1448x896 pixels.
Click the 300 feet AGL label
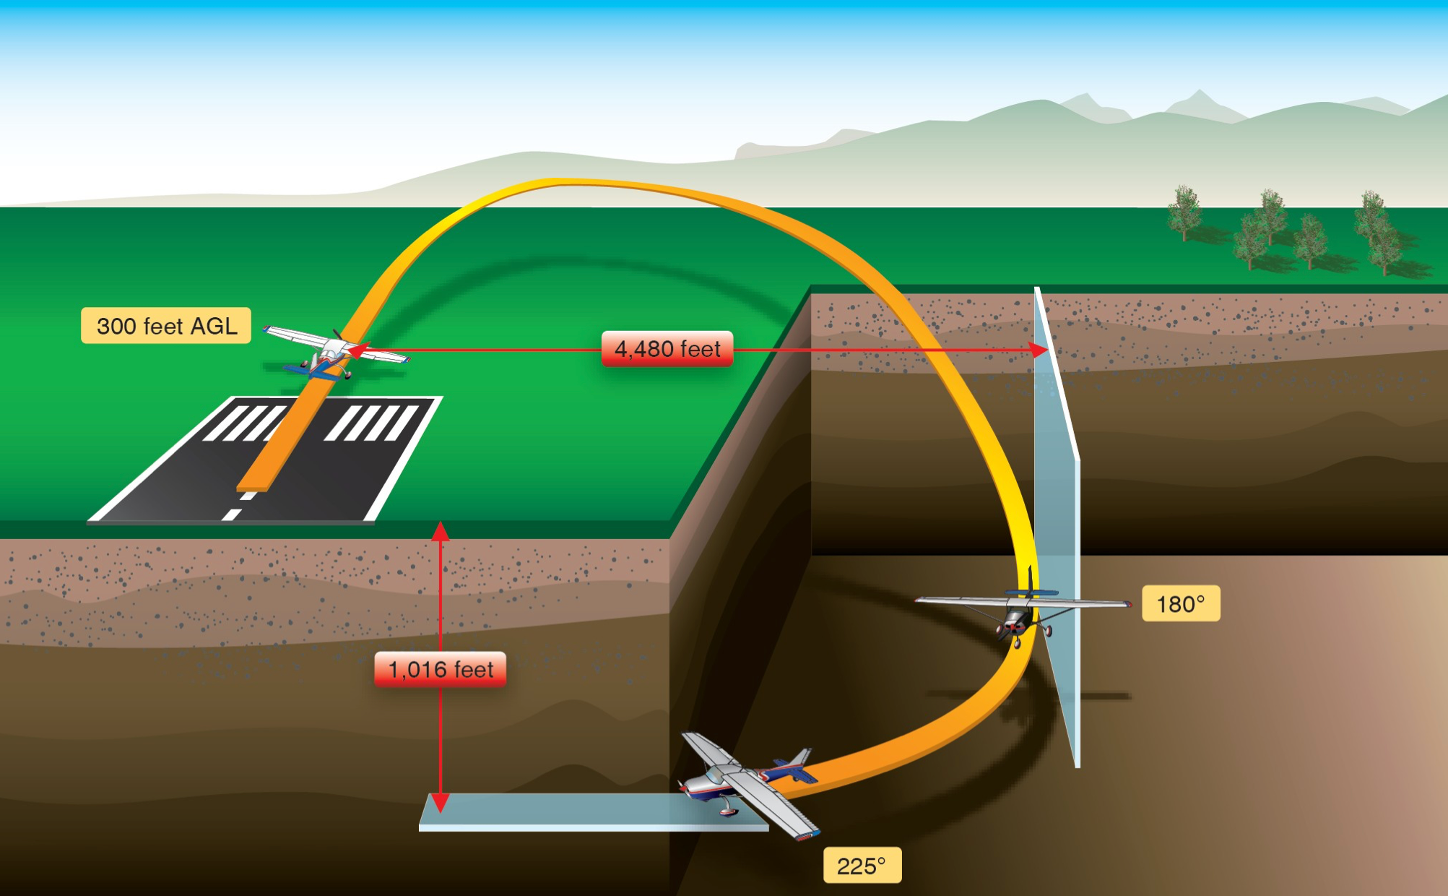pos(166,326)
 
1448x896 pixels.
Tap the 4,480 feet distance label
pos(667,349)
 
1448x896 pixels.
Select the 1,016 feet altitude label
pos(441,669)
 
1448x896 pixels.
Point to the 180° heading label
pos(1181,603)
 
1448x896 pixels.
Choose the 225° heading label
pos(862,865)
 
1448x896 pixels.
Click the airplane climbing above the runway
pos(334,354)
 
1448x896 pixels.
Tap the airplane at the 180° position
pos(1020,611)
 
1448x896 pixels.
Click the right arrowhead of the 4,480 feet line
pos(1040,350)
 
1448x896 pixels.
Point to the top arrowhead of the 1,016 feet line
pos(441,530)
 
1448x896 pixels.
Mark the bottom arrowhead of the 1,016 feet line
pos(441,802)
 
